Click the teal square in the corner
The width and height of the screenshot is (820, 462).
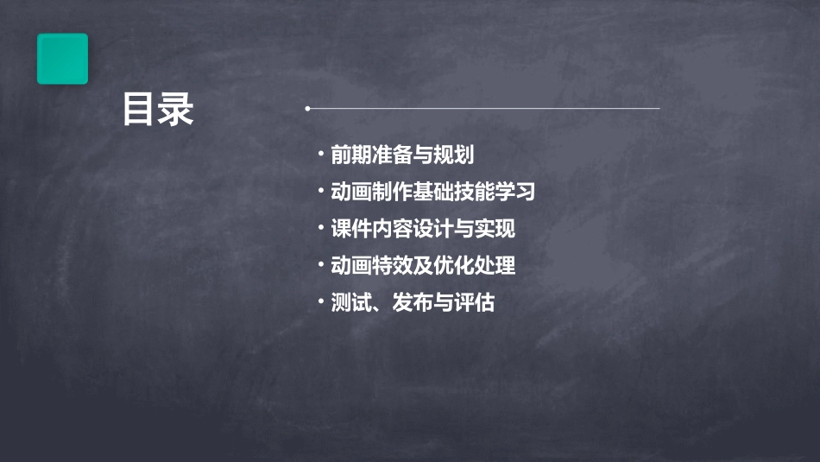[62, 59]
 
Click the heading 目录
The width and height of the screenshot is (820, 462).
[157, 111]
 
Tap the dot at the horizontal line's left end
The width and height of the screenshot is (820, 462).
[307, 109]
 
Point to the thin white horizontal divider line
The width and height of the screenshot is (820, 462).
[483, 109]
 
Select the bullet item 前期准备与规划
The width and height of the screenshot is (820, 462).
[402, 155]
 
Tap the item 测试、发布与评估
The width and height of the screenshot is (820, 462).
[413, 303]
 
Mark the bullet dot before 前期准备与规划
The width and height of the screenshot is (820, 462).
[321, 155]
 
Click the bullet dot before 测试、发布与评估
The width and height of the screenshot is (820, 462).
[321, 302]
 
